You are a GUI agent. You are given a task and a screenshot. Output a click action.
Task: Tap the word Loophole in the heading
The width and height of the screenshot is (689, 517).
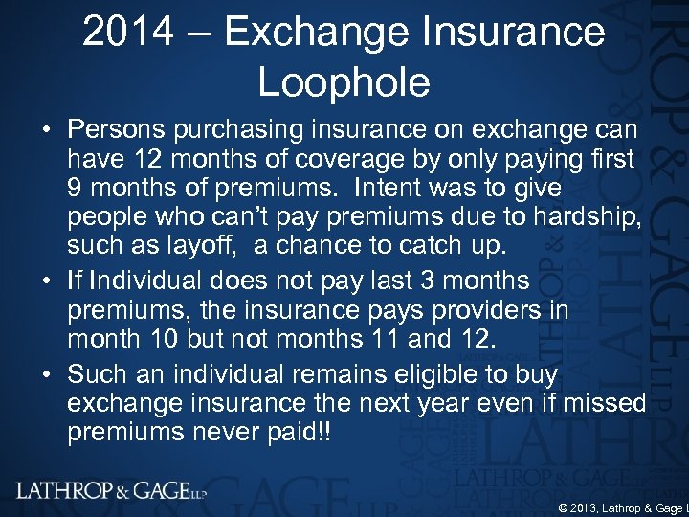click(x=344, y=83)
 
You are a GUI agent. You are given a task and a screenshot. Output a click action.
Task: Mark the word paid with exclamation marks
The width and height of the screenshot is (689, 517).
click(x=300, y=434)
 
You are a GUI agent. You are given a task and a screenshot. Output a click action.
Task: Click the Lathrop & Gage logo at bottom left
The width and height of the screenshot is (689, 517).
click(x=111, y=491)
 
